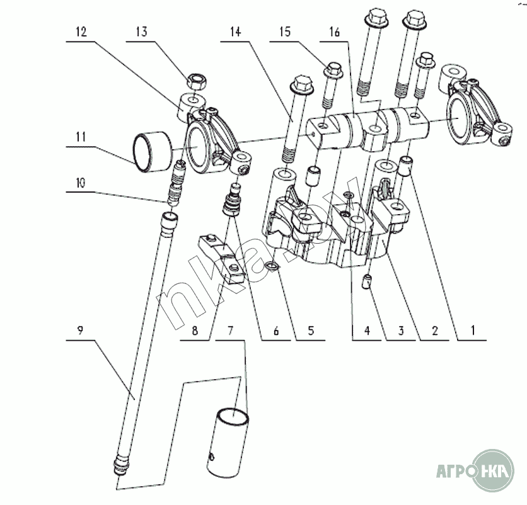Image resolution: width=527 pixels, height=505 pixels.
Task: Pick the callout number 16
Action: tap(333, 32)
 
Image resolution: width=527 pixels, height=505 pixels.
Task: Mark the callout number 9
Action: tap(81, 329)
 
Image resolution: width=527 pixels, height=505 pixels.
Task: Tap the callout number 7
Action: tap(231, 329)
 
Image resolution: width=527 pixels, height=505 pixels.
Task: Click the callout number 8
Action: tap(195, 329)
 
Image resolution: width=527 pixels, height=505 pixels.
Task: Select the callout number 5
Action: tap(310, 329)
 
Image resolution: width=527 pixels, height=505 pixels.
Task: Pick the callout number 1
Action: tap(472, 329)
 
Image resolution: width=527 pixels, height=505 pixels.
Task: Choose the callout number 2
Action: tap(435, 329)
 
